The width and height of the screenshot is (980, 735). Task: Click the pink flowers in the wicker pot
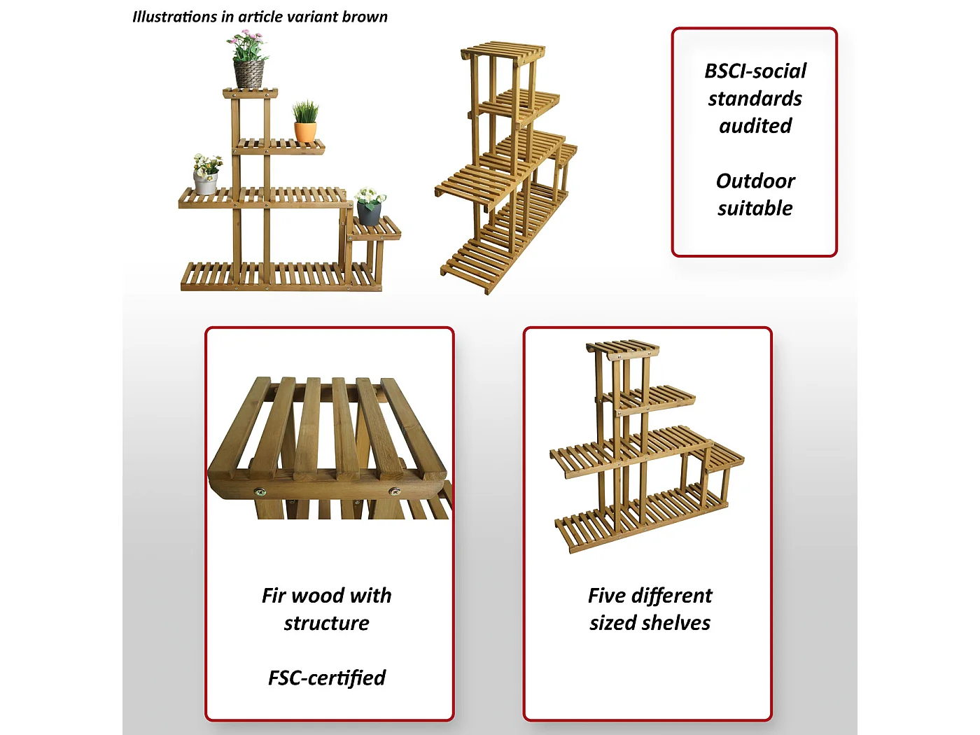pyautogui.click(x=248, y=45)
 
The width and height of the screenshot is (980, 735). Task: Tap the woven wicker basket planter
pyautogui.click(x=248, y=74)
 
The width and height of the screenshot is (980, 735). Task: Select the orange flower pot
pyautogui.click(x=305, y=132)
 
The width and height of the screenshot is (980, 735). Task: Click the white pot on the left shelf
pyautogui.click(x=205, y=183)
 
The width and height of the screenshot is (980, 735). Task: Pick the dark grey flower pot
pyautogui.click(x=369, y=213)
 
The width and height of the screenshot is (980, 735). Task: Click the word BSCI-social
pyautogui.click(x=755, y=71)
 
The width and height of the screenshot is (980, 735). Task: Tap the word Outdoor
pyautogui.click(x=755, y=181)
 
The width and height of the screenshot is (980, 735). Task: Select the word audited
pyautogui.click(x=755, y=126)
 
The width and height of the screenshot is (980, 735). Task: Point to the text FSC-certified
pyautogui.click(x=327, y=678)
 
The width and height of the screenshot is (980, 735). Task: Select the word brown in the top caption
pyautogui.click(x=365, y=17)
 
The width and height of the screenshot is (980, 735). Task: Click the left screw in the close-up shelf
pyautogui.click(x=260, y=493)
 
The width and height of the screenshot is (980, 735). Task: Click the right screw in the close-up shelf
pyautogui.click(x=395, y=491)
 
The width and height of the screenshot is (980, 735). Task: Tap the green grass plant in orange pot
pyautogui.click(x=306, y=111)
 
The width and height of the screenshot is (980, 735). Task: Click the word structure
pyautogui.click(x=327, y=623)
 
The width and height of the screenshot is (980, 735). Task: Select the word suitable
pyautogui.click(x=755, y=209)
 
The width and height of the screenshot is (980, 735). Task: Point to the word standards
pyautogui.click(x=755, y=99)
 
